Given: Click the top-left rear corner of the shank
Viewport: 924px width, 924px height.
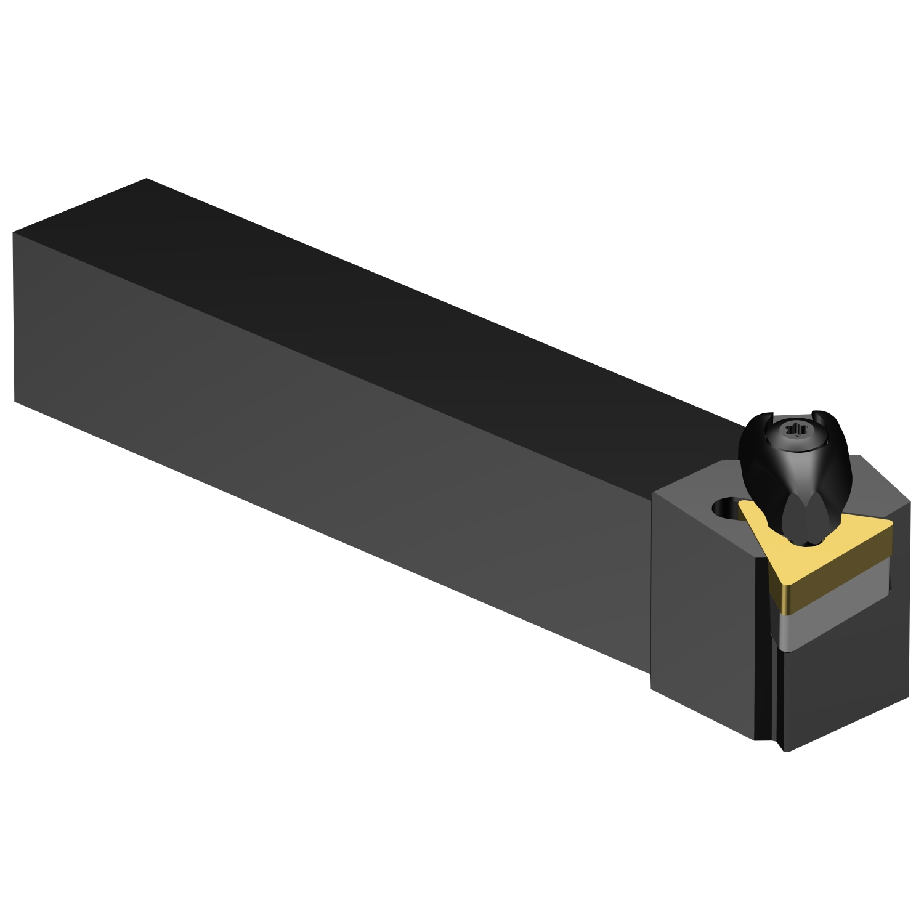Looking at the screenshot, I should point(146,179).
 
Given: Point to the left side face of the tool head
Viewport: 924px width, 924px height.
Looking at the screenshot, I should point(702,616).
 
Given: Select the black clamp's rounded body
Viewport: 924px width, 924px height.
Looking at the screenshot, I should point(795,480).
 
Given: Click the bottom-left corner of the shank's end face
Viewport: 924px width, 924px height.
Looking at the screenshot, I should point(15,402).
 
